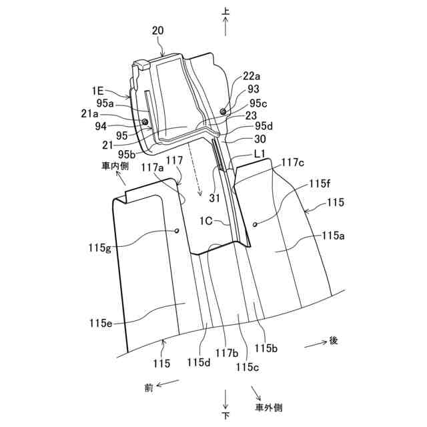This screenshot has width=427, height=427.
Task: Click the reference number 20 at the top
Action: (157, 31)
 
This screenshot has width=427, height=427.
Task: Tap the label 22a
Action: (252, 75)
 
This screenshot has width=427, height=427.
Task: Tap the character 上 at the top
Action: (226, 11)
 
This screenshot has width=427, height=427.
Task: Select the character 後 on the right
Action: (334, 340)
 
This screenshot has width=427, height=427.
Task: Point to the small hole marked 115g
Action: (177, 231)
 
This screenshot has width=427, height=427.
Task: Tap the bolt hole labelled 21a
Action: (145, 121)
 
